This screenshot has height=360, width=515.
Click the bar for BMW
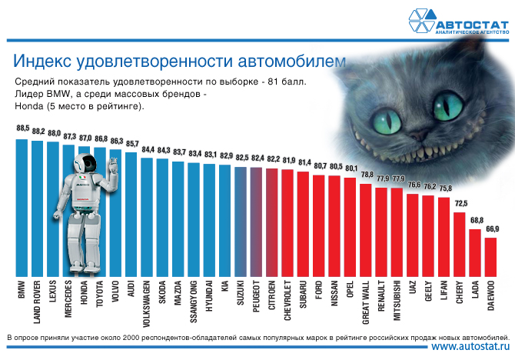pos(22,208)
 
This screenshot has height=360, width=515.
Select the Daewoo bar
pos(490,257)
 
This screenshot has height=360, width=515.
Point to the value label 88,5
pos(22,128)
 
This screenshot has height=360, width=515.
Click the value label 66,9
pos(491,228)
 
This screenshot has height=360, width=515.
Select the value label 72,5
pos(460,203)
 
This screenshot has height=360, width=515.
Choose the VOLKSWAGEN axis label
pos(147,308)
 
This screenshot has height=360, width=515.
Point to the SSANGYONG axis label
pos(194,306)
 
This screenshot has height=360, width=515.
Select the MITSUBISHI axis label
pos(397,305)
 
